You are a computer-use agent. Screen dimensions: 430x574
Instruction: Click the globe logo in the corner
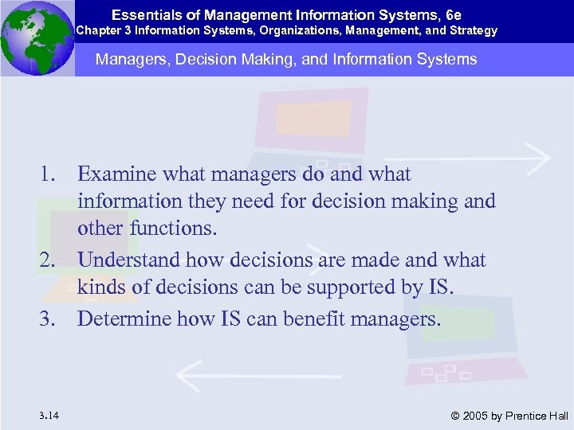point(37,37)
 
